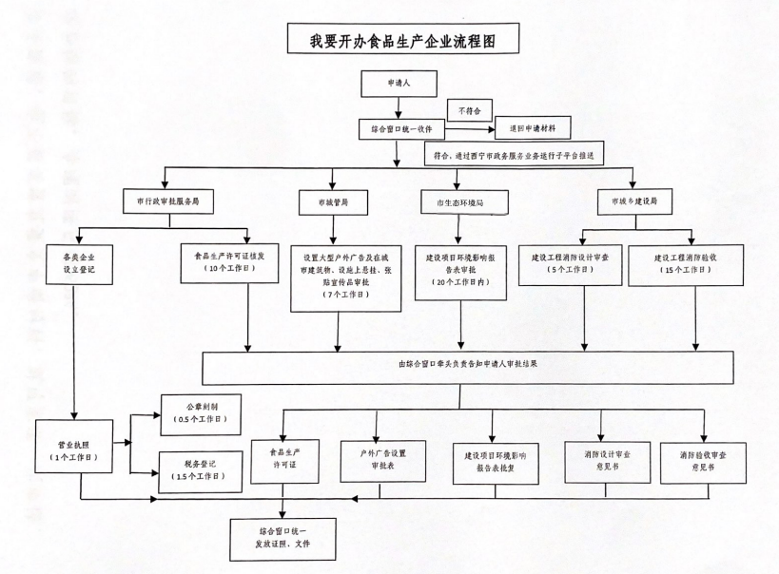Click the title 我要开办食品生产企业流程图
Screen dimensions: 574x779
click(x=389, y=39)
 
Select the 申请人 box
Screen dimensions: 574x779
click(x=397, y=84)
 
